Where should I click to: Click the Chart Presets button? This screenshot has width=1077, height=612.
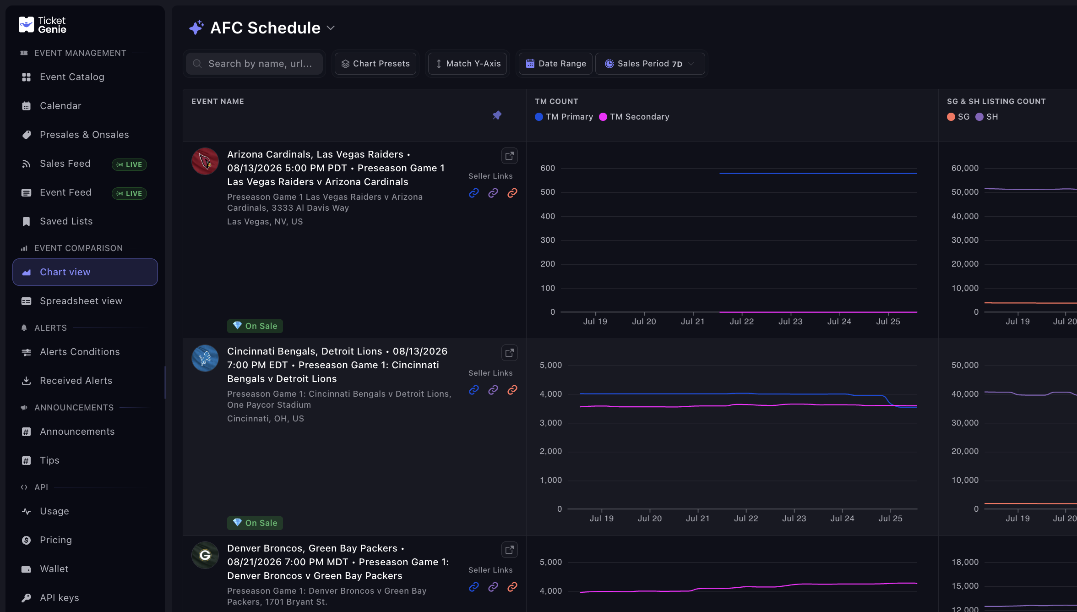[x=375, y=64]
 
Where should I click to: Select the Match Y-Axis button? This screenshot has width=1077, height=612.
[x=468, y=64]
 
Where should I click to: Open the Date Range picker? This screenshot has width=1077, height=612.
[x=556, y=64]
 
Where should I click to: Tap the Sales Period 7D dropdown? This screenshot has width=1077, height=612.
[x=650, y=64]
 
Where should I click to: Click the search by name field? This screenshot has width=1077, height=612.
[x=255, y=64]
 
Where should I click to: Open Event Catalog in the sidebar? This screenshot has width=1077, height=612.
[x=72, y=77]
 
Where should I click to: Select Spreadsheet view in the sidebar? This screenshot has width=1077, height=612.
[x=81, y=301]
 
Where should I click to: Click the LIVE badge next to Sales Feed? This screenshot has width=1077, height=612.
[x=129, y=164]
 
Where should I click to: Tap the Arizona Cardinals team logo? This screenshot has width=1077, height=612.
[x=205, y=161]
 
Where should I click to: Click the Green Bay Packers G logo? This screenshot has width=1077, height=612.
[x=205, y=555]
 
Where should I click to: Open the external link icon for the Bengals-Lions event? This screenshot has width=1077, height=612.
[x=509, y=353]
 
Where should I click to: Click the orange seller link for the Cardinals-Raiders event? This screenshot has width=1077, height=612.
[x=512, y=193]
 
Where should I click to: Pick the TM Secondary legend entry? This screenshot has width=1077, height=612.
[x=634, y=117]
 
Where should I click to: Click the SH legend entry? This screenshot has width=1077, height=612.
[x=987, y=117]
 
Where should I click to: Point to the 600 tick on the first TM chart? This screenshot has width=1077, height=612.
[x=548, y=168]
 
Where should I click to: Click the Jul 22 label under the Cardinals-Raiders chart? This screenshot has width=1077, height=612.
[x=742, y=322]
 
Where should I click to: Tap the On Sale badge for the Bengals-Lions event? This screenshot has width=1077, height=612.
[x=255, y=523]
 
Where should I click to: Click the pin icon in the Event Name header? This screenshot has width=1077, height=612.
[x=497, y=115]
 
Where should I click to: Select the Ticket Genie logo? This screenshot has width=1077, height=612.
[x=43, y=25]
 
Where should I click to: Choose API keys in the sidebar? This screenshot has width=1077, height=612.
[x=59, y=598]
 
